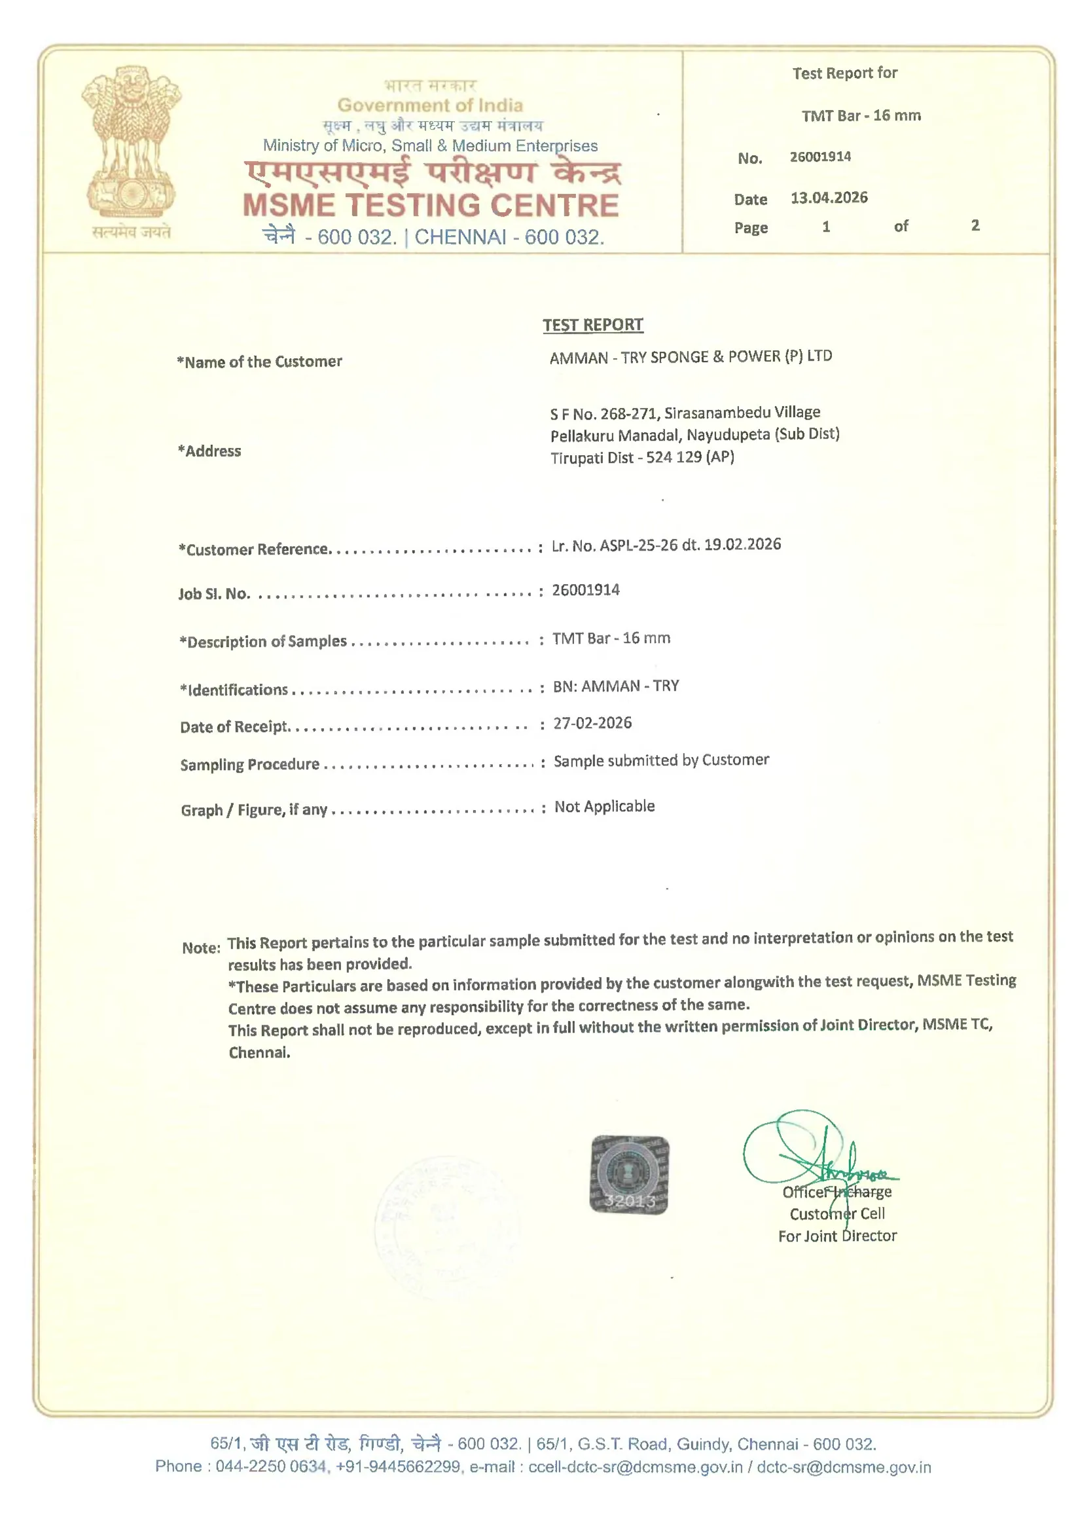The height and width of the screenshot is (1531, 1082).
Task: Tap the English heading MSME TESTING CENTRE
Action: coord(431,206)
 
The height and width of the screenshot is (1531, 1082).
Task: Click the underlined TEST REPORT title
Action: coord(592,325)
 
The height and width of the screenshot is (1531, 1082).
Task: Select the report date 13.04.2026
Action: coord(829,198)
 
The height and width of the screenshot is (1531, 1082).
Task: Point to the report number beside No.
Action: coord(820,157)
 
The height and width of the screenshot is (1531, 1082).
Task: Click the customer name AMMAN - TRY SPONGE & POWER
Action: coord(691,357)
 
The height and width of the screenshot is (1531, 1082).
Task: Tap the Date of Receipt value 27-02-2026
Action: coord(592,723)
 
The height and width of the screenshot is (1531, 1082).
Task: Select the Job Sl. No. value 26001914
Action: coord(585,590)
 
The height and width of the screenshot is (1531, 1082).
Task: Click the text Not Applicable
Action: coord(604,806)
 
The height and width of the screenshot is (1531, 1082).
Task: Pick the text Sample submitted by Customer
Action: coord(660,760)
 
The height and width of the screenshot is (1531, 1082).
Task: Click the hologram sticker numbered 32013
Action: coord(628,1175)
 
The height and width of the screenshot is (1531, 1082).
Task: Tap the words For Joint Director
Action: coord(837,1236)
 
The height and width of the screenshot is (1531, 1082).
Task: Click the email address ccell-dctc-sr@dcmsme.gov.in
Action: coord(635,1467)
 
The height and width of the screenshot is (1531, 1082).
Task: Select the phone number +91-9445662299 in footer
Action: coord(398,1467)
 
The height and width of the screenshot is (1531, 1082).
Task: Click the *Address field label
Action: coord(209,451)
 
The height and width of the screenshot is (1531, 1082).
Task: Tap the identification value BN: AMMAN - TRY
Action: coord(615,686)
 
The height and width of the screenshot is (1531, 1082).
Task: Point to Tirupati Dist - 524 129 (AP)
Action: coord(642,458)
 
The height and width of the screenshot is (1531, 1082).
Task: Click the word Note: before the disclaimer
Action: coord(201,948)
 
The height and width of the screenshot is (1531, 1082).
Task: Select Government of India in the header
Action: coord(430,105)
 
